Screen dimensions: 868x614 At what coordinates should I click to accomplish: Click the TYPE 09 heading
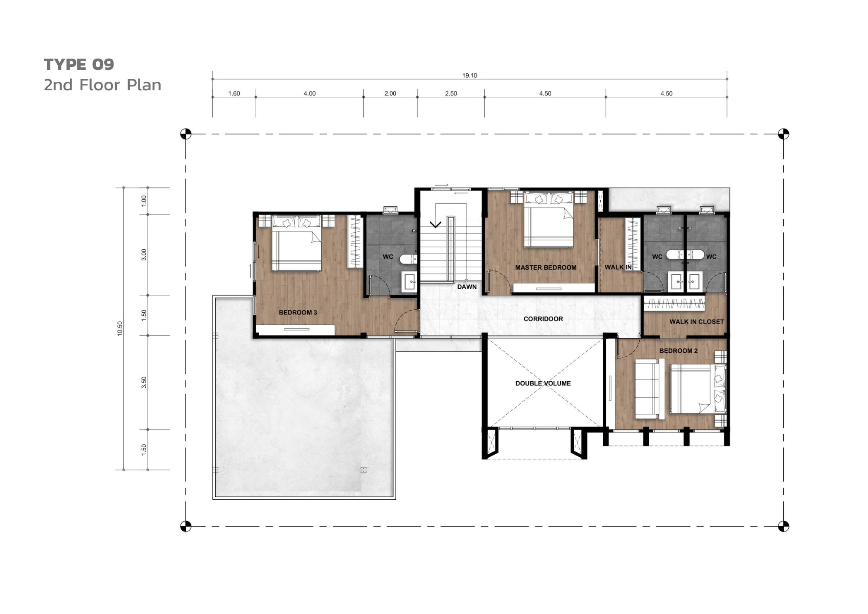79,64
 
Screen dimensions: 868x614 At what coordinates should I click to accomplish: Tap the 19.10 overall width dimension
470,76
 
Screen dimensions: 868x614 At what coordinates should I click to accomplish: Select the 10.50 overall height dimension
120,329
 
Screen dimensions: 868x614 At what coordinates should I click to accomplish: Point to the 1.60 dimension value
234,93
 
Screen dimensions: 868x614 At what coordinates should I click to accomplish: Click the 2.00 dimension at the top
390,93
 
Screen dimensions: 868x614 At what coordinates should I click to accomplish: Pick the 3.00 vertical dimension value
144,255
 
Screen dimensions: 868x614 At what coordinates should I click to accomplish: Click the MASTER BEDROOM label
546,267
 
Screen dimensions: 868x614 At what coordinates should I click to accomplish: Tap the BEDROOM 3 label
298,312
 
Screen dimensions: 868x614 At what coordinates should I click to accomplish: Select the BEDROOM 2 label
678,351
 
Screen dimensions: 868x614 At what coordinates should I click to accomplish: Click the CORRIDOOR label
543,319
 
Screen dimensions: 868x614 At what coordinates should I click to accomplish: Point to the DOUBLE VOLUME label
543,383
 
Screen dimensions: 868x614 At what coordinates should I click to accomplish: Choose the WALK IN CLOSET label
697,322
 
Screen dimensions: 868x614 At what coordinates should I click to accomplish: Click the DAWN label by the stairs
467,287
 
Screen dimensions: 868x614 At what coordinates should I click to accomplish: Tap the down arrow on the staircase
435,224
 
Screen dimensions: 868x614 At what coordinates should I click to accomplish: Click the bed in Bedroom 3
297,244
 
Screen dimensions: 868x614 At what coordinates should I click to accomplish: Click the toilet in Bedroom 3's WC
408,259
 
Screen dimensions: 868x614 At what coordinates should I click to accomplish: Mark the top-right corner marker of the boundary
783,134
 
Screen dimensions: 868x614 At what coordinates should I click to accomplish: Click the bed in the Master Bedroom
549,220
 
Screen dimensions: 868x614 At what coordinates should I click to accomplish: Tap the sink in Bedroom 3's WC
409,281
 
